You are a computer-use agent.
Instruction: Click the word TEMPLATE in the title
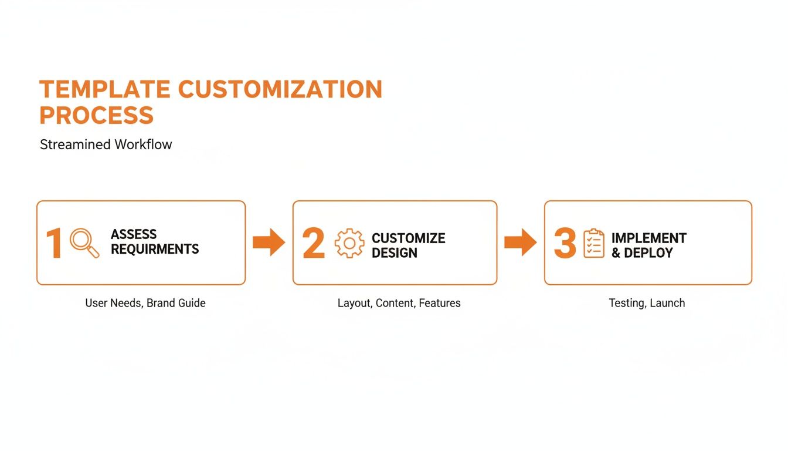(104, 89)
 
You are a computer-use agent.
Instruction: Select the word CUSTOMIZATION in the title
(280, 89)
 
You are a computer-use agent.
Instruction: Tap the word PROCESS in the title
(96, 115)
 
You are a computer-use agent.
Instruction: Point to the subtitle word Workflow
(144, 144)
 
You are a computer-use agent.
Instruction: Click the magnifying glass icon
(84, 243)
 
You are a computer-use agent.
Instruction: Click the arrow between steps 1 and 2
(269, 243)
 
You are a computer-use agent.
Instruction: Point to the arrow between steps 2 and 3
(520, 243)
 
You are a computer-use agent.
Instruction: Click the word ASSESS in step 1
(134, 234)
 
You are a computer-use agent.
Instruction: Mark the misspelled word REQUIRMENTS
(155, 250)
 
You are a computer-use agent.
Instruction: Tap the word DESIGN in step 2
(395, 253)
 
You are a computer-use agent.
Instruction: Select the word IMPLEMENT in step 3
(648, 238)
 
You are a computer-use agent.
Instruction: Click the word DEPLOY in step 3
(648, 253)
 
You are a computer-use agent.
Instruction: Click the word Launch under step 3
(667, 303)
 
